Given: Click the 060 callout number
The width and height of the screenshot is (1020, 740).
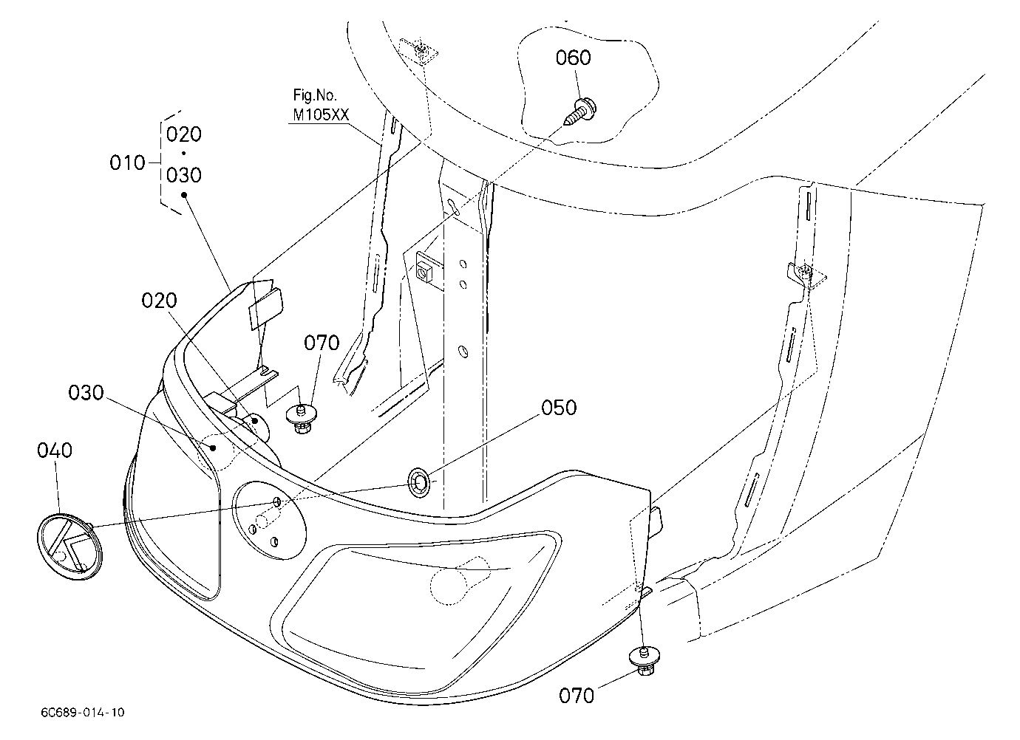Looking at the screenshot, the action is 573,58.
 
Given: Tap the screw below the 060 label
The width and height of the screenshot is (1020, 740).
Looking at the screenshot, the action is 579,112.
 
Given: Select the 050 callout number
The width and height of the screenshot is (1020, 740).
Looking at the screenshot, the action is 559,408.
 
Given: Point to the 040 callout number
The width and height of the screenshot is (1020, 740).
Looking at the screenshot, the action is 55,450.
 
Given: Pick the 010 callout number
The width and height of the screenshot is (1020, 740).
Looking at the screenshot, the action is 127,162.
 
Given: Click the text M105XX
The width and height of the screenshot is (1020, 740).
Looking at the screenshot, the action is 321,114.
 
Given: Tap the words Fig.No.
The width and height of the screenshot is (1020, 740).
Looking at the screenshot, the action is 315,95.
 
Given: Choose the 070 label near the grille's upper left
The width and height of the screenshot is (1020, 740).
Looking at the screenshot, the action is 322,343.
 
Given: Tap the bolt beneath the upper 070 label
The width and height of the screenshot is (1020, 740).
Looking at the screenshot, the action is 301,419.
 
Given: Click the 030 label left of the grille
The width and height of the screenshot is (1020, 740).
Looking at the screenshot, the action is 86,392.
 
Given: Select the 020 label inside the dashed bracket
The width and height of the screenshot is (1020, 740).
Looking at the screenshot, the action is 183,134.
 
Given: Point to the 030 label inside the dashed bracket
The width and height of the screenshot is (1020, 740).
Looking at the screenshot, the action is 183,175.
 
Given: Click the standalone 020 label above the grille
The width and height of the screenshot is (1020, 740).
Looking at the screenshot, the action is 159,301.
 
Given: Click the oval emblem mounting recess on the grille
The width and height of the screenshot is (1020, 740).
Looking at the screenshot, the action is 269,520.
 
